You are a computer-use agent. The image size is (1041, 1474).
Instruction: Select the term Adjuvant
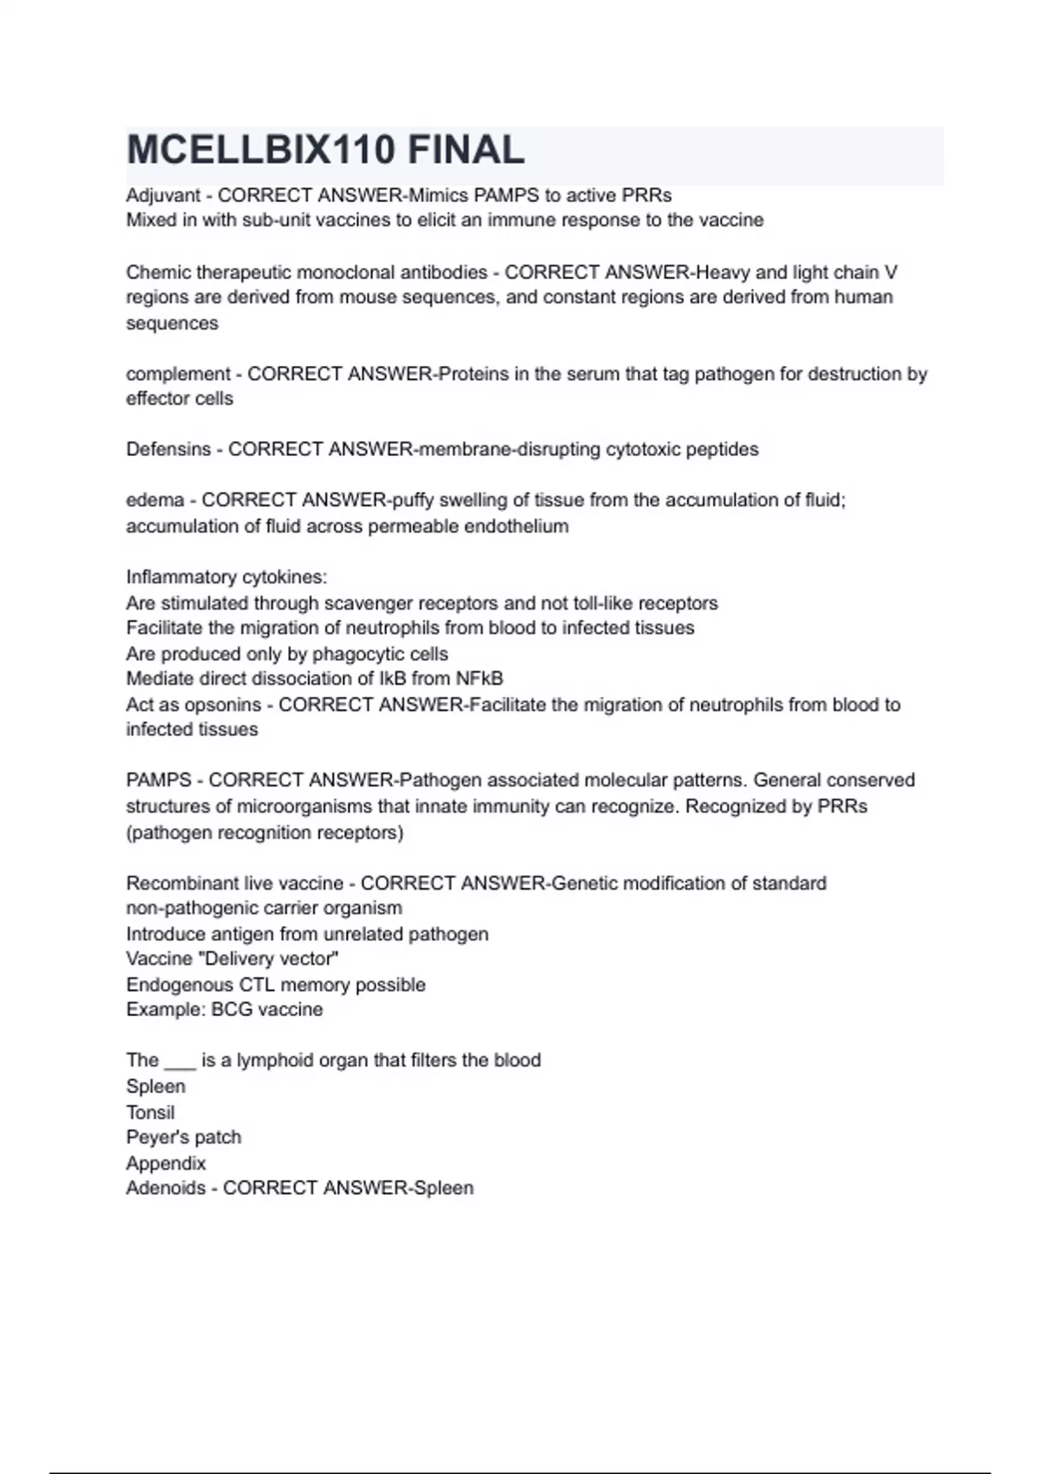click(163, 195)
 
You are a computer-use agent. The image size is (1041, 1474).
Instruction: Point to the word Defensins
click(168, 449)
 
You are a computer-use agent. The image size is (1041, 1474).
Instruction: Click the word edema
click(154, 500)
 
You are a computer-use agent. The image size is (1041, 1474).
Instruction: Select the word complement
click(178, 374)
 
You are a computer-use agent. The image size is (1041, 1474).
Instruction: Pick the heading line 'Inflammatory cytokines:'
click(226, 577)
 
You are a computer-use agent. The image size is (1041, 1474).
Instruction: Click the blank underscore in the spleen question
click(180, 1061)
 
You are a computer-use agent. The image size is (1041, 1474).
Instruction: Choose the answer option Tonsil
click(150, 1112)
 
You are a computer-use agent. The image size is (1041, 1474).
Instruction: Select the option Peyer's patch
click(183, 1138)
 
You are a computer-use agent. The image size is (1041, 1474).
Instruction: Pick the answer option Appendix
click(166, 1164)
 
